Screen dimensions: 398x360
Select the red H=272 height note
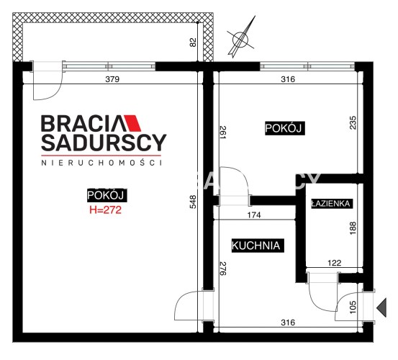[105, 210]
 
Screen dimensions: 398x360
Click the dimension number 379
[112, 79]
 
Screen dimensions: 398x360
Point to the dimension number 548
[193, 202]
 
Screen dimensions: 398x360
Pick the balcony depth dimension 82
[193, 42]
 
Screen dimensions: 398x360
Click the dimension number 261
[222, 132]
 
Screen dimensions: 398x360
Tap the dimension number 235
[353, 122]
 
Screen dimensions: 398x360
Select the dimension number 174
[254, 215]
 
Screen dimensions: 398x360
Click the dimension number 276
[222, 269]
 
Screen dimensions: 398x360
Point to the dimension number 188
[353, 228]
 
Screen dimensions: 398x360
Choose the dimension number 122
[334, 263]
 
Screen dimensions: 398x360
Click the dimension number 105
[353, 307]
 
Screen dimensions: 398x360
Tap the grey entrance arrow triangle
[381, 307]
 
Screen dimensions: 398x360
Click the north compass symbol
[240, 37]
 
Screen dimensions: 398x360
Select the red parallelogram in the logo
[132, 123]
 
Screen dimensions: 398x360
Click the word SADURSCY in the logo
[104, 143]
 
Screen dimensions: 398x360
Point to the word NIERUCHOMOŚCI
[101, 163]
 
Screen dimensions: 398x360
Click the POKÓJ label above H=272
[107, 195]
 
